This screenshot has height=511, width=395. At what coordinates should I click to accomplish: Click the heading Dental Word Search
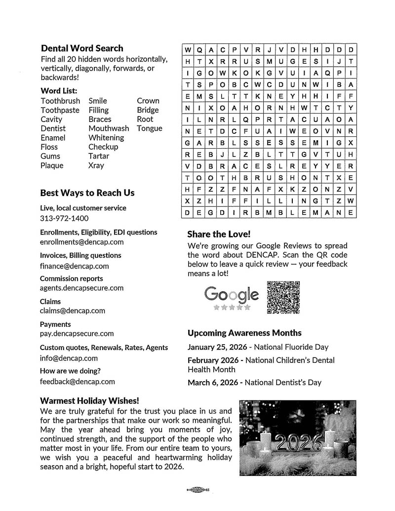coord(82,48)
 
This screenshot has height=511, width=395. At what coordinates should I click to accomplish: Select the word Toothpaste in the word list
coord(60,110)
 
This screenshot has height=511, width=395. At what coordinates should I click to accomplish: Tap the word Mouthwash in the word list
coord(109,128)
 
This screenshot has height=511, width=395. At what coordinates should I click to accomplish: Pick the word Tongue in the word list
coord(150,128)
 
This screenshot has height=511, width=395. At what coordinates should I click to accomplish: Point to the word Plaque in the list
coord(52,165)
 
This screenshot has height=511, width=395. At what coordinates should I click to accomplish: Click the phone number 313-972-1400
coord(64,218)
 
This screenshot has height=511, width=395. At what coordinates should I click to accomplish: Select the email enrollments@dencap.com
coord(82,242)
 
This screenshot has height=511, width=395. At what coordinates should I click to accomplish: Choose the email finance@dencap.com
coord(75,266)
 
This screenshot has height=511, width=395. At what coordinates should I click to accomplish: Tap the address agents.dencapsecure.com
coord(82,288)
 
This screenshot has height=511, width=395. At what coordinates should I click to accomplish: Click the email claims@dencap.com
coord(73,311)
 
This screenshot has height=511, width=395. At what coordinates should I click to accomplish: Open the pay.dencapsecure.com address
coord(77,334)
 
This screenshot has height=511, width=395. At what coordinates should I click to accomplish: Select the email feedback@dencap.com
coord(78,381)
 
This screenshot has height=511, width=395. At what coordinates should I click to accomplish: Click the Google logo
coord(232,295)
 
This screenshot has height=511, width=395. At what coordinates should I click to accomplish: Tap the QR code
coord(283,297)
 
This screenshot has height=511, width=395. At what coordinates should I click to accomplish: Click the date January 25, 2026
coord(218,347)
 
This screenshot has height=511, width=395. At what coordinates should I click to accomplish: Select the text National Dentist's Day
coord(283,382)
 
